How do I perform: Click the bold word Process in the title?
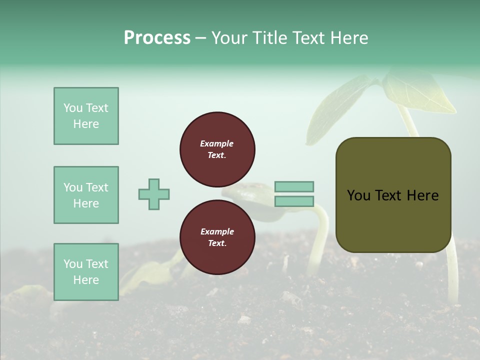click(157, 38)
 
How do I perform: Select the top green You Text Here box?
click(86, 116)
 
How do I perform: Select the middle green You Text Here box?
click(86, 195)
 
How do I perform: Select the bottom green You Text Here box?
click(86, 272)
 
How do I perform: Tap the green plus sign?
click(154, 194)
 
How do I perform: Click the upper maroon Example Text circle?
click(217, 149)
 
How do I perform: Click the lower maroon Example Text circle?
click(217, 237)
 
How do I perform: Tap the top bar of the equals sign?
click(294, 186)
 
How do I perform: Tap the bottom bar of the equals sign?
click(294, 201)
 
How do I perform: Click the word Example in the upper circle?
click(216, 143)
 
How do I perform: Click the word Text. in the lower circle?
click(217, 243)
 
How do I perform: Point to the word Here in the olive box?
click(422, 195)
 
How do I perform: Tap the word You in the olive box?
click(358, 195)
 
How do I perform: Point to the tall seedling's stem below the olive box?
click(452, 275)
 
